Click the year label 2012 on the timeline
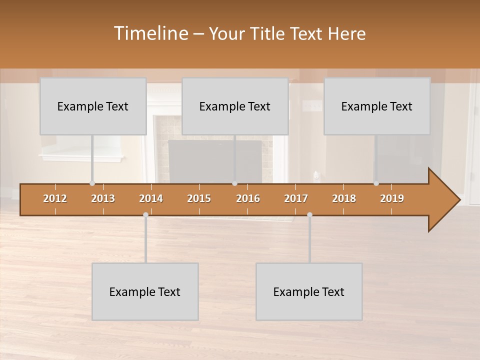click(55, 198)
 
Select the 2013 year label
click(103, 198)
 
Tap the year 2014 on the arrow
click(151, 198)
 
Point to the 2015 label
click(199, 198)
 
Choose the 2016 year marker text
click(248, 198)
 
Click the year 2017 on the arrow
click(296, 198)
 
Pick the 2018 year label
click(344, 198)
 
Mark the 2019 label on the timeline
click(392, 198)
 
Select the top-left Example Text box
click(93, 106)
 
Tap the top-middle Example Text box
click(235, 106)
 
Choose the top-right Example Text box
click(377, 106)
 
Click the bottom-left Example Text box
click(145, 291)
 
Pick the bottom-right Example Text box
click(309, 291)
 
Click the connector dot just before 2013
click(92, 183)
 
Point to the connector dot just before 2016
click(234, 183)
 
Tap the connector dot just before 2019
click(376, 183)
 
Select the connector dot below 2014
click(145, 214)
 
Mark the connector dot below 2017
click(309, 214)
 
